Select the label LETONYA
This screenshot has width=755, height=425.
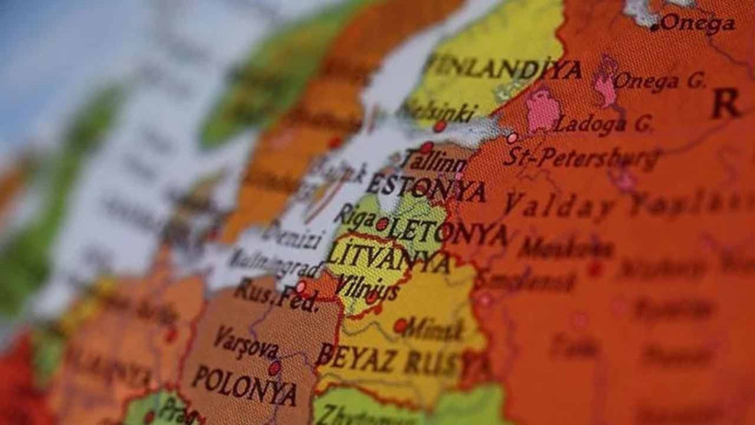pos(447,230)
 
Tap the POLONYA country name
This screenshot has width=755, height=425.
pos(243,385)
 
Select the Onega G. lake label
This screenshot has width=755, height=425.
pos(659,81)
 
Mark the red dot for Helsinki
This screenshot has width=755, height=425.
pos(440,125)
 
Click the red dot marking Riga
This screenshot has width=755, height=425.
pos(382,223)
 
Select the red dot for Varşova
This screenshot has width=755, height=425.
pos(273,368)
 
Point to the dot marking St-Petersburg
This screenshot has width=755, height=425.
pos(512,137)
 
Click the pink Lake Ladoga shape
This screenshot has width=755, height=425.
pos(542,110)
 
